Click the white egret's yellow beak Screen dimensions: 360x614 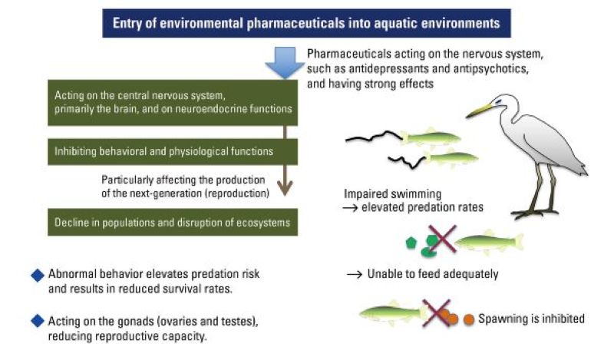(479, 111)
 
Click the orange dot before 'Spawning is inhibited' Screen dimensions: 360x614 (467, 319)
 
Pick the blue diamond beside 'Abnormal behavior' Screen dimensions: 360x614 (35, 274)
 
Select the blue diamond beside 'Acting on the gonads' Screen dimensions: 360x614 (35, 319)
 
